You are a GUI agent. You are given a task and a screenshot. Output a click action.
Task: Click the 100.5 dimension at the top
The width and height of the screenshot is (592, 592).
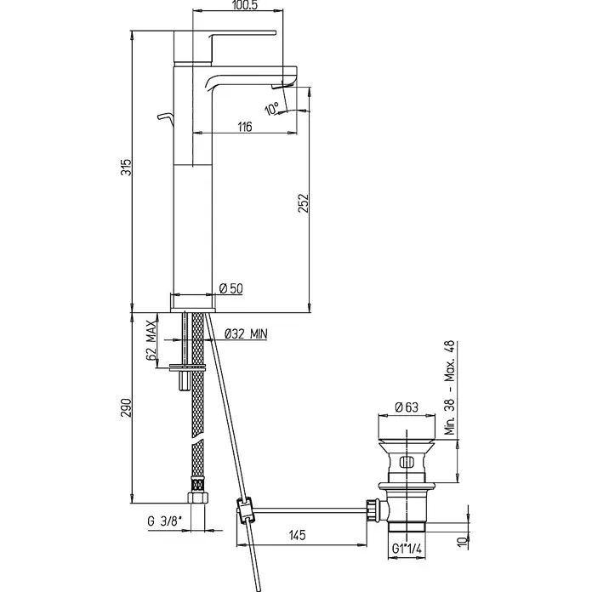[246, 5]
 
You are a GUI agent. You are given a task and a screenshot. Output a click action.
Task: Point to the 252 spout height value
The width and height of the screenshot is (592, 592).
[304, 203]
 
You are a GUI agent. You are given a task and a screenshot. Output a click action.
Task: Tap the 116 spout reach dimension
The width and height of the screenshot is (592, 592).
[245, 127]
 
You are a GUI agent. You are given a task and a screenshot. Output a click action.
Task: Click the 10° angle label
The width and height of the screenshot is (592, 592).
[271, 109]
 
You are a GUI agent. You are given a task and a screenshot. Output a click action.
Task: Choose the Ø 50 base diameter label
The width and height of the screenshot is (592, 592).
[231, 289]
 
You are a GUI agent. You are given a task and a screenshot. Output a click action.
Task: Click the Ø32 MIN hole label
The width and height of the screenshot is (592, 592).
[246, 333]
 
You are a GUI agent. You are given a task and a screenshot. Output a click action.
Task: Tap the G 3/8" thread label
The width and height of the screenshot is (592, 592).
[165, 521]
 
